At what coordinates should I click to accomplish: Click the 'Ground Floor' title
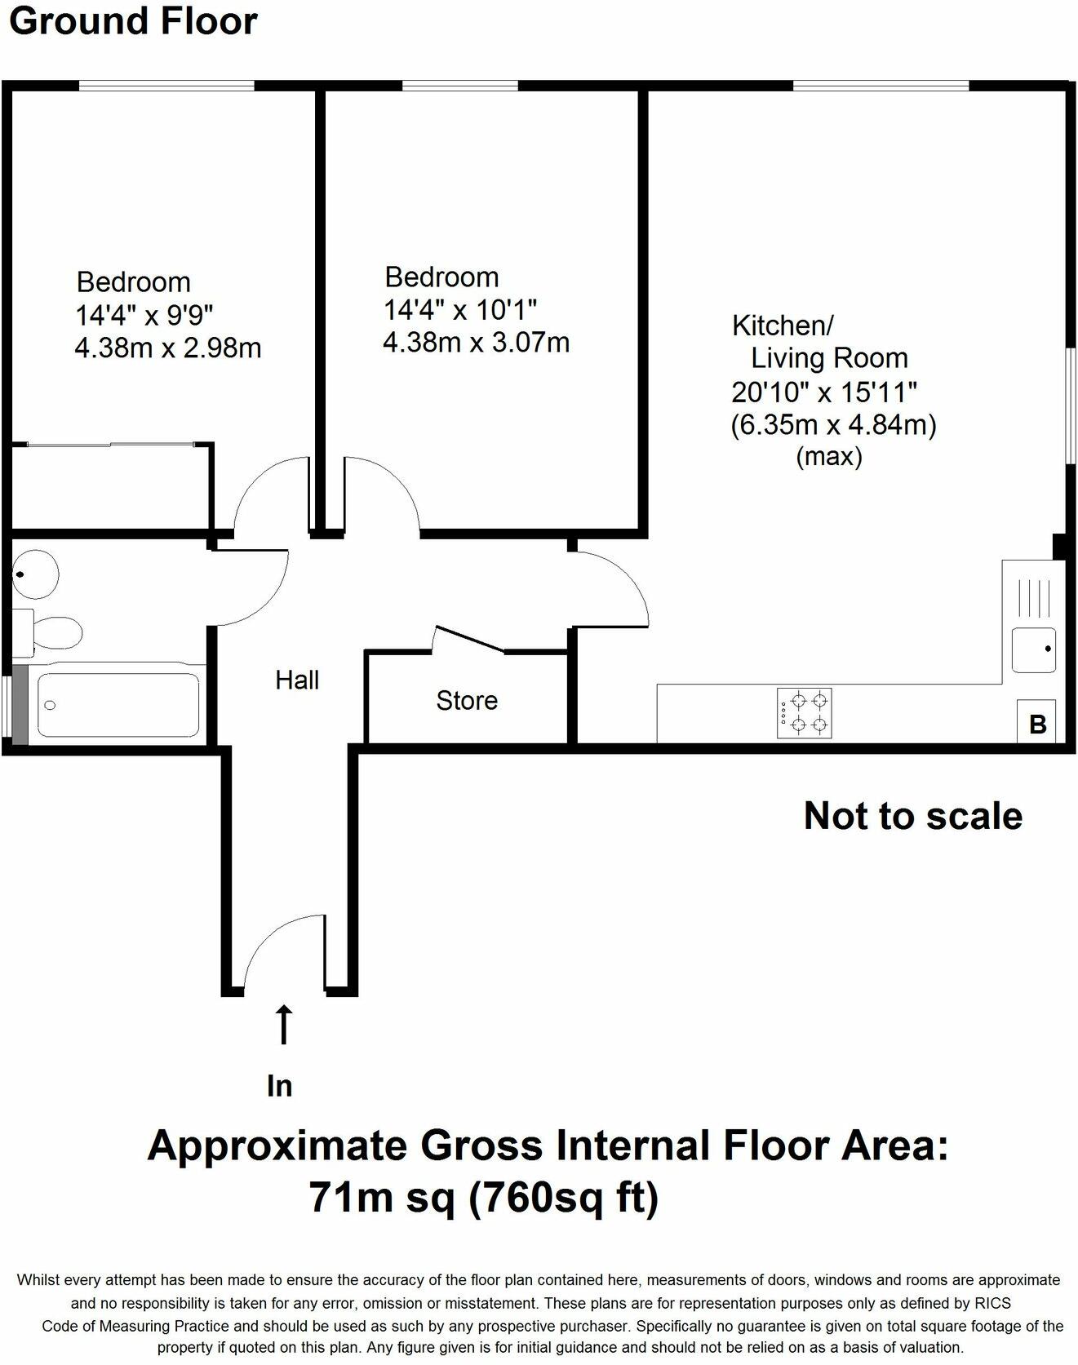pos(133,21)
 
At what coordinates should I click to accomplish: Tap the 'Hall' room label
pos(297,680)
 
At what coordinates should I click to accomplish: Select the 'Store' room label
pos(467,700)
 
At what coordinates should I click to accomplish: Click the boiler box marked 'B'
pos(1037,722)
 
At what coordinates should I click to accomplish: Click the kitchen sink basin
pos(1034,650)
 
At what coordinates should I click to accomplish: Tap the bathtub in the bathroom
pos(118,704)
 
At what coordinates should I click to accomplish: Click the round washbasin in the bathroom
pos(34,574)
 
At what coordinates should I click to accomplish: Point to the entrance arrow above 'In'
pos(284,1024)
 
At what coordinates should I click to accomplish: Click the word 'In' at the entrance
pos(280,1086)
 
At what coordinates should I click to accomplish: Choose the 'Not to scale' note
pos(913,816)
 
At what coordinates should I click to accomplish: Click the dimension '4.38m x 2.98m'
pos(168,348)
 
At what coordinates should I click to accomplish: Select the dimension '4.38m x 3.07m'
pos(477,342)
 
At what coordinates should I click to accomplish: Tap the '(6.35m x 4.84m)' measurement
pos(833,424)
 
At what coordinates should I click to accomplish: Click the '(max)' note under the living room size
pos(829,456)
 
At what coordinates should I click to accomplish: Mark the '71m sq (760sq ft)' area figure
pos(484,1199)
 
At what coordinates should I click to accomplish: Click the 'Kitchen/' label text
pos(783,326)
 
